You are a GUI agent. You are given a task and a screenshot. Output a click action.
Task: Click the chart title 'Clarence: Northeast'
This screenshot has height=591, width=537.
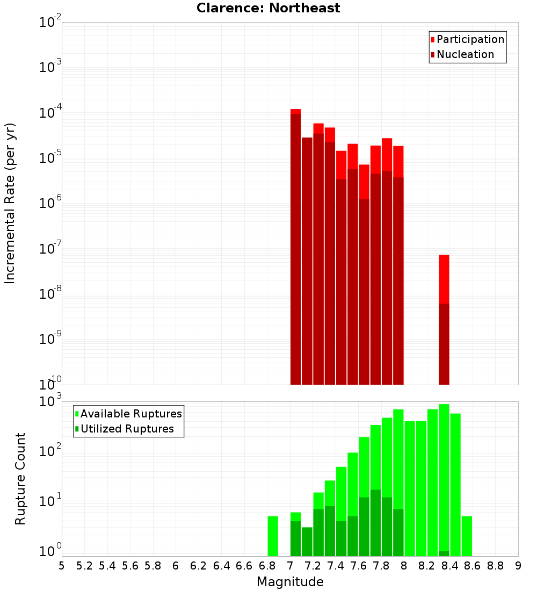268,8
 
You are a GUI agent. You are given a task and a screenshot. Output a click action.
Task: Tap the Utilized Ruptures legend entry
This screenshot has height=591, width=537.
126,429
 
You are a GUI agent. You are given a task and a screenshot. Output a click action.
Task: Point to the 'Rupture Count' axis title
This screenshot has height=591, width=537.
20,479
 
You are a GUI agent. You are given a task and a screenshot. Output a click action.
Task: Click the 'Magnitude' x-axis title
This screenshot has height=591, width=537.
290,582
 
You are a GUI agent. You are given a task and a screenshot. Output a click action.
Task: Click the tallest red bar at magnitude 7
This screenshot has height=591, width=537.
295,247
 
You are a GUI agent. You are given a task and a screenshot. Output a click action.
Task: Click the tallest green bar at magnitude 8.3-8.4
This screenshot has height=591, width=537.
444,478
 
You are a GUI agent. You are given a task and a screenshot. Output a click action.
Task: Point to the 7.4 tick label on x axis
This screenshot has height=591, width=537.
336,566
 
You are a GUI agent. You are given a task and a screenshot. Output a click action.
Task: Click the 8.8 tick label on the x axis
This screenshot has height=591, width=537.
495,566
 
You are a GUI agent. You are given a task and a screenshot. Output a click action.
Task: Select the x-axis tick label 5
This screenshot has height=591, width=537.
62,566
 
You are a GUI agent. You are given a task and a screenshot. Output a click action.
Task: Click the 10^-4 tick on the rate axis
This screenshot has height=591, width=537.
50,113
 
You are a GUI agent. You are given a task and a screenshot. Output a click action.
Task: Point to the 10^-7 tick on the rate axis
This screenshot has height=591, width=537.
50,249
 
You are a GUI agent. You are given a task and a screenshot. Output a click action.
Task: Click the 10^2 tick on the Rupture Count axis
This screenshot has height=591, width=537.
50,451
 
